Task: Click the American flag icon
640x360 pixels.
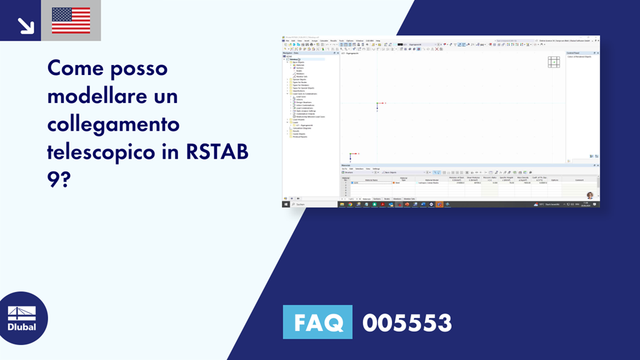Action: coord(71,21)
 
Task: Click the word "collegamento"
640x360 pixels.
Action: coord(113,124)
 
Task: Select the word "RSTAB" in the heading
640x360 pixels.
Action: coord(214,152)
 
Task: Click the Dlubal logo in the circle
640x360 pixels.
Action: coord(22,317)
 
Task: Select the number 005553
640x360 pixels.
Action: coord(407,322)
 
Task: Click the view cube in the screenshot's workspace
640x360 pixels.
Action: coord(554,62)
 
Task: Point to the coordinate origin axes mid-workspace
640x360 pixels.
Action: coord(377,104)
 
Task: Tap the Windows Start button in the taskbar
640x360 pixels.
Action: coord(286,204)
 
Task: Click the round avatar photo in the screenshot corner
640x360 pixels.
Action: coord(589,195)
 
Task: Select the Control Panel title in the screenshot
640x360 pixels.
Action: coord(574,53)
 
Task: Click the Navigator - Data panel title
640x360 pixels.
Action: coord(292,53)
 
